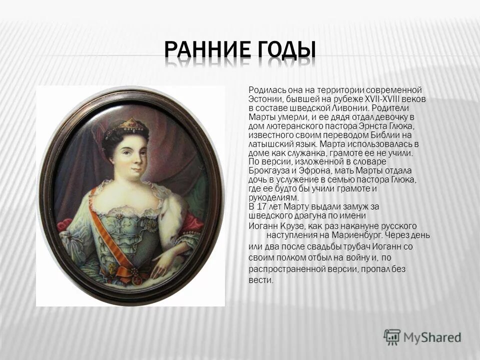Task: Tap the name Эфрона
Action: (313, 170)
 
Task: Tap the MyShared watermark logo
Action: (422, 336)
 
